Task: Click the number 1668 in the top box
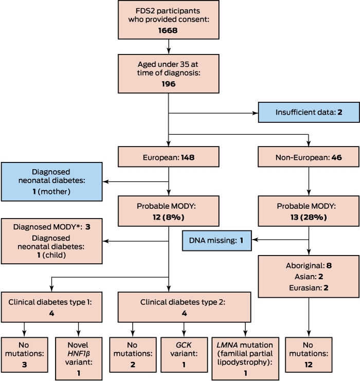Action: pos(168,30)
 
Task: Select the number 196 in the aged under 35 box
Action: pos(169,84)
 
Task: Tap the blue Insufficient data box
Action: pos(309,112)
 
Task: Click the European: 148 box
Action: pos(169,157)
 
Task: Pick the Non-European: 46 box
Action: pos(309,157)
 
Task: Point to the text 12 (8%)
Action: pos(169,217)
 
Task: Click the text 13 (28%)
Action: pos(309,217)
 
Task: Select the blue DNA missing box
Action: pos(217,241)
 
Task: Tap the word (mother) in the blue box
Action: pos(54,191)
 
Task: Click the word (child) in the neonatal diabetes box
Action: pos(54,255)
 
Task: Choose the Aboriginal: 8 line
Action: pos(309,266)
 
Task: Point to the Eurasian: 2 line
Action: pos(309,288)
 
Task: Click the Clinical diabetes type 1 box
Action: pos(51,307)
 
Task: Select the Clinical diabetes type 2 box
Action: pos(184,307)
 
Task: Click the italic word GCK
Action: pos(184,345)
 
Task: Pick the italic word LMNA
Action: pos(227,345)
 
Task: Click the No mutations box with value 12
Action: pos(309,354)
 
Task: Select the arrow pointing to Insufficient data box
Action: pos(213,113)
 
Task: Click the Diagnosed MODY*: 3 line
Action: pos(51,227)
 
